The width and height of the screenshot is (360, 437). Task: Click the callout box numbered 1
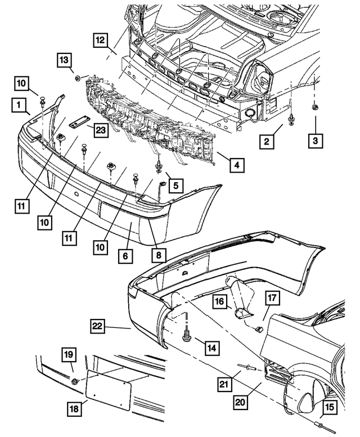pyautogui.click(x=20, y=105)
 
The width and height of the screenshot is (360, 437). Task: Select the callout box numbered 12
pyautogui.click(x=100, y=40)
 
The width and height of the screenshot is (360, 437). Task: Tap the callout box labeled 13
pyautogui.click(x=64, y=60)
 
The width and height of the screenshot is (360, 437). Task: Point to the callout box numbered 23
pyautogui.click(x=101, y=130)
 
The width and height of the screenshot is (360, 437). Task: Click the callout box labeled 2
pyautogui.click(x=267, y=141)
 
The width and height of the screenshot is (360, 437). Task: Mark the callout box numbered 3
pyautogui.click(x=315, y=139)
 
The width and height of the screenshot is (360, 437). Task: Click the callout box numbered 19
pyautogui.click(x=68, y=355)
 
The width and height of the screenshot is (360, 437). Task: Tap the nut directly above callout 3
pyautogui.click(x=314, y=106)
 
